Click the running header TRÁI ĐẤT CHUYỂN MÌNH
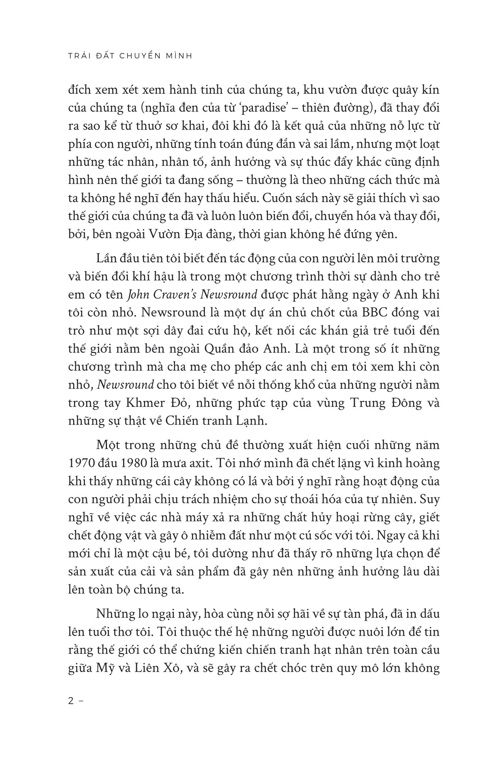(127, 56)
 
